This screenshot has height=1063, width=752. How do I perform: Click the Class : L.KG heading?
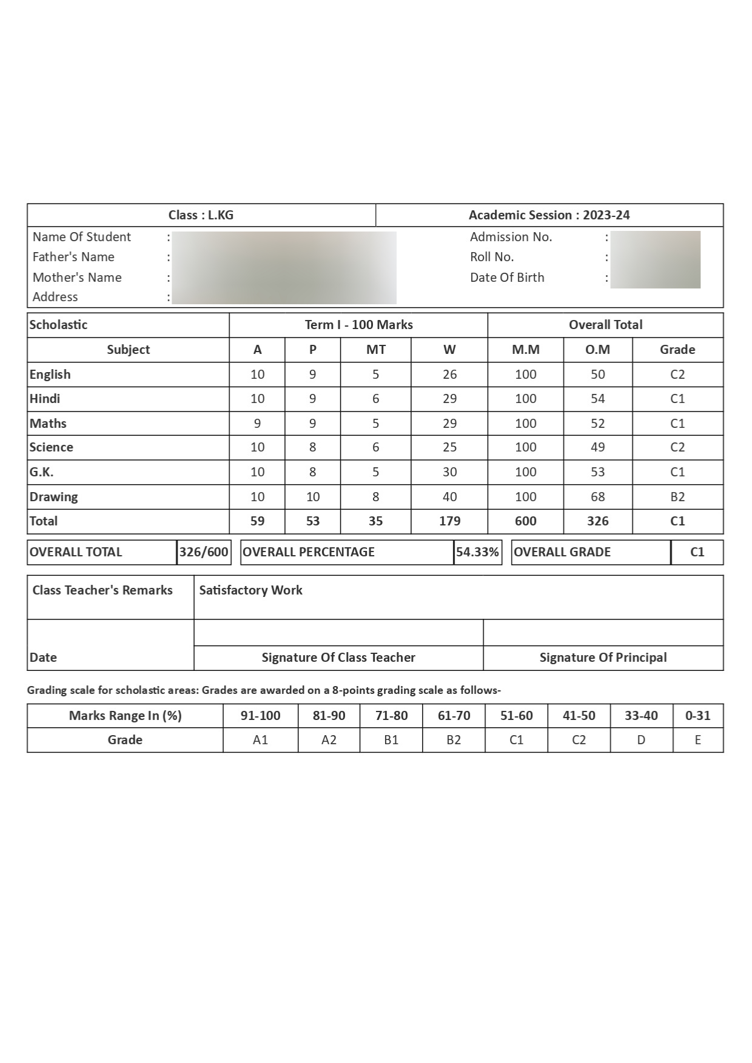[x=201, y=215]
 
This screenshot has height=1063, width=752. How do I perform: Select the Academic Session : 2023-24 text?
[x=549, y=215]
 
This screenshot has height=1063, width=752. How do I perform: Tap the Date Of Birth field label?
[x=507, y=278]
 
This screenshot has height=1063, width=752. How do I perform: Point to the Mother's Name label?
[x=77, y=278]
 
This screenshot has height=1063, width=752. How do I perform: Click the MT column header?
[x=375, y=350]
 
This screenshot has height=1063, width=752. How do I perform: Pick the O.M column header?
[x=597, y=350]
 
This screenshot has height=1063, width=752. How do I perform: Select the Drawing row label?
[x=54, y=497]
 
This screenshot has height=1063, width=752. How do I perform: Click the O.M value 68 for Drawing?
[x=597, y=497]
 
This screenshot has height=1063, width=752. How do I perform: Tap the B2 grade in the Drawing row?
[x=677, y=497]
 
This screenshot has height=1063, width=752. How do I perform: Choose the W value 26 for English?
[x=449, y=375]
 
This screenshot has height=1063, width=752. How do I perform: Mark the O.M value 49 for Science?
[x=597, y=447]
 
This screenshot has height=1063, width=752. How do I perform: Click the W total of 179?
[x=449, y=521]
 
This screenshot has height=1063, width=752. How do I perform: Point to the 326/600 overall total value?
[x=204, y=552]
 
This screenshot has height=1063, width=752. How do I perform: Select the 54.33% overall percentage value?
[x=477, y=552]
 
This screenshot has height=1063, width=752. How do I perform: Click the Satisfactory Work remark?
[x=250, y=590]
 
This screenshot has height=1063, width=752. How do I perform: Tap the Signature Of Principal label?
[x=603, y=658]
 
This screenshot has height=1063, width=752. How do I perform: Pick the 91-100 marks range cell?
[x=260, y=716]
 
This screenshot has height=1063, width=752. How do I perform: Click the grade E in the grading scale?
[x=697, y=740]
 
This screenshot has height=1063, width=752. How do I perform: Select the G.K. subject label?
[x=42, y=472]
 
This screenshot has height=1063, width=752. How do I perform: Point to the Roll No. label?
[x=492, y=257]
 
